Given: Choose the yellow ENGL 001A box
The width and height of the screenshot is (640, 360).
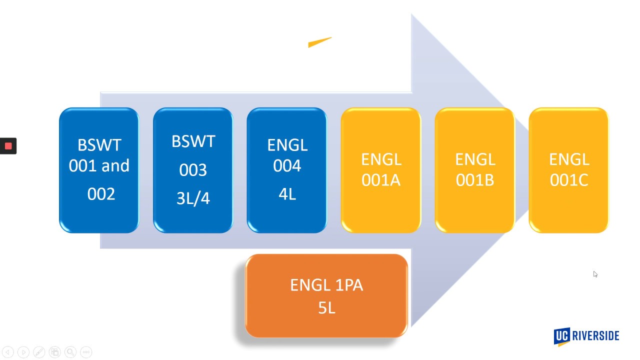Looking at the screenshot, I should point(381,170).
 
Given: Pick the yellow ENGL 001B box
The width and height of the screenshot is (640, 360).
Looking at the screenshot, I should point(475,170).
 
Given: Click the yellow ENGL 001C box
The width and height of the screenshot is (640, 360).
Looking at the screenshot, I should point(568,170).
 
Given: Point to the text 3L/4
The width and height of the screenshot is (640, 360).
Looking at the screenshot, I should point(193,198).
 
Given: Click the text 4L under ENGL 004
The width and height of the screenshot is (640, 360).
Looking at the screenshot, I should point(287,193).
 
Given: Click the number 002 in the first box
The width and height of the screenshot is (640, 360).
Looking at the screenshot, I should point(101,194).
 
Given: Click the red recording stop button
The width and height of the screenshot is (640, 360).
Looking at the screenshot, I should point(8,146).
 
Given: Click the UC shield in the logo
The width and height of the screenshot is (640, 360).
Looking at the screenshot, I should point(562,336).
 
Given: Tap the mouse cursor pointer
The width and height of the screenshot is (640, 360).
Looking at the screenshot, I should point(595,274).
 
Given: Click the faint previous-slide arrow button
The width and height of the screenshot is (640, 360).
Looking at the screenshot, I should point(8,352).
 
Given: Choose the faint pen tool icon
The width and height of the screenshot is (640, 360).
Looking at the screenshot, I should point(39,352).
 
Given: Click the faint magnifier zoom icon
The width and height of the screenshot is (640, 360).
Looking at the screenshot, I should point(70,352).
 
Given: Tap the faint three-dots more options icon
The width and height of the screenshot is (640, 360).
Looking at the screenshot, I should point(86,352).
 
